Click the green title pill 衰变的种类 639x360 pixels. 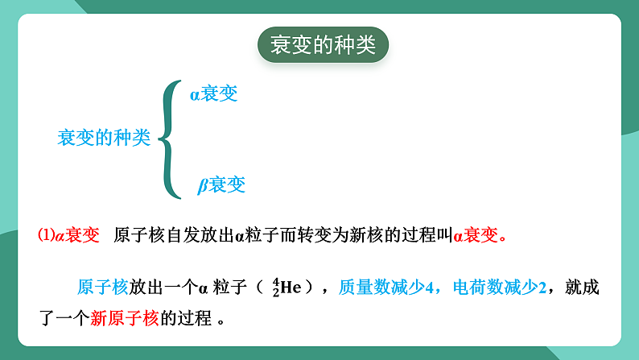pyautogui.click(x=323, y=45)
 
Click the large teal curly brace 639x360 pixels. pyautogui.click(x=170, y=139)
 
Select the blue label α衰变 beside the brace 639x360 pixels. pyautogui.click(x=214, y=94)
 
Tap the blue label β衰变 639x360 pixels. pyautogui.click(x=221, y=185)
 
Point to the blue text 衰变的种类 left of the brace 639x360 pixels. pyautogui.click(x=104, y=138)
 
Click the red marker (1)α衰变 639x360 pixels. pyautogui.click(x=68, y=235)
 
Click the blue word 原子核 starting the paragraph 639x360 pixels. pyautogui.click(x=103, y=287)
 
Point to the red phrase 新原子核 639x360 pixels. pyautogui.click(x=125, y=317)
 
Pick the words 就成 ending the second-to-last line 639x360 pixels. pyautogui.click(x=583, y=287)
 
